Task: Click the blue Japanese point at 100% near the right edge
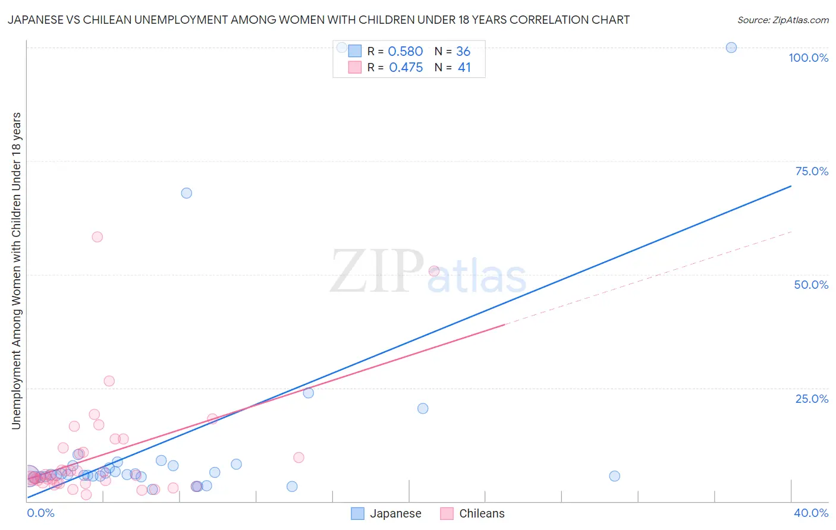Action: pyautogui.click(x=731, y=48)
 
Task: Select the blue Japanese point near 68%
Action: pyautogui.click(x=186, y=193)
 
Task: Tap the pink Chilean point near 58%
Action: pyautogui.click(x=98, y=237)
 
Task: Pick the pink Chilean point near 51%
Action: pyautogui.click(x=434, y=271)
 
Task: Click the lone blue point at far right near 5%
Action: pyautogui.click(x=615, y=476)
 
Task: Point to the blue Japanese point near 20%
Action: pyautogui.click(x=423, y=408)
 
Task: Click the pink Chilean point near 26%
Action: pyautogui.click(x=109, y=381)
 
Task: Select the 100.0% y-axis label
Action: pyautogui.click(x=808, y=58)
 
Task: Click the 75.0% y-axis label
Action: pyautogui.click(x=812, y=171)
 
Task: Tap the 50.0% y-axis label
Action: pyautogui.click(x=811, y=285)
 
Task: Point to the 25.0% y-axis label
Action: pyautogui.click(x=812, y=399)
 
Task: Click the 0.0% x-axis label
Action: pyautogui.click(x=40, y=513)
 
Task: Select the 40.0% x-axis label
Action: pyautogui.click(x=811, y=513)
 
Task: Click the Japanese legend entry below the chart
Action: pyautogui.click(x=395, y=513)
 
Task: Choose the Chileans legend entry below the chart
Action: pyautogui.click(x=481, y=513)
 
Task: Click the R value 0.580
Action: pyautogui.click(x=405, y=52)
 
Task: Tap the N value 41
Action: pyautogui.click(x=464, y=68)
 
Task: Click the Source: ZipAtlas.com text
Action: pyautogui.click(x=782, y=20)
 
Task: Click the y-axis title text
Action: pyautogui.click(x=16, y=270)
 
